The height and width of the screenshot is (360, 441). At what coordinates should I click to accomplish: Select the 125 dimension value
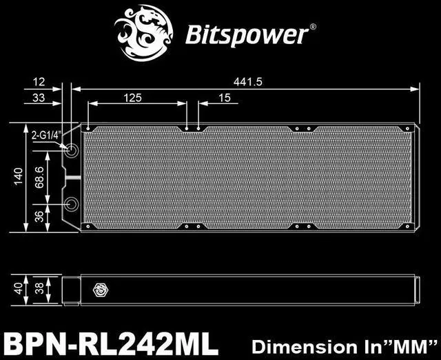[x=134, y=98]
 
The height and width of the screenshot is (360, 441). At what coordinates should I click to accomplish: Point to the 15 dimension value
[x=225, y=98]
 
